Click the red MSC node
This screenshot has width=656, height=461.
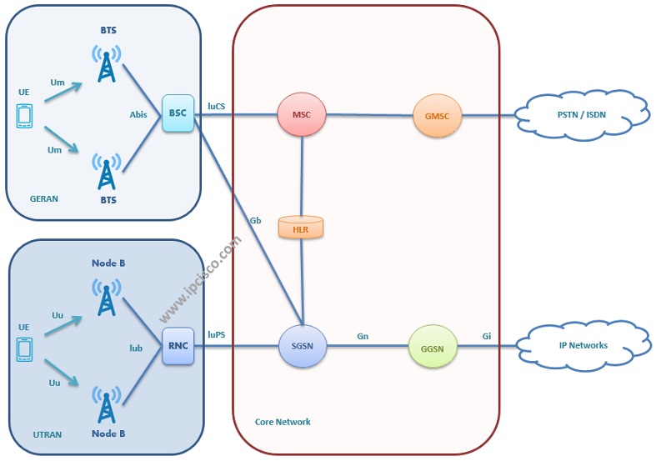303,115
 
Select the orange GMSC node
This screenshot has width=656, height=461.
437,115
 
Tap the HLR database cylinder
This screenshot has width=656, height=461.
302,227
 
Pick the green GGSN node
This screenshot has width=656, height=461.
433,345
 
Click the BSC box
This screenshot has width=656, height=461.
178,114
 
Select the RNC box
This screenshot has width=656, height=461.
178,345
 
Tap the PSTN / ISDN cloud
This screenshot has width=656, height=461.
582,115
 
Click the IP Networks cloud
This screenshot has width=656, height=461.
582,344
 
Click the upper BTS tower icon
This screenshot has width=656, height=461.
106,63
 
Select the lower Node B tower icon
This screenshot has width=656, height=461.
106,404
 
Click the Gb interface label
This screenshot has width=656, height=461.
256,221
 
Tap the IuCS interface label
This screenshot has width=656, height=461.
217,106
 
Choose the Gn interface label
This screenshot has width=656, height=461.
363,336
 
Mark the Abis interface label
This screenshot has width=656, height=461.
138,115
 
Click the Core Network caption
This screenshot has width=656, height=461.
283,422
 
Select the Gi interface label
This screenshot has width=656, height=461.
487,336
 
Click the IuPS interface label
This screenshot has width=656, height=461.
217,335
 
